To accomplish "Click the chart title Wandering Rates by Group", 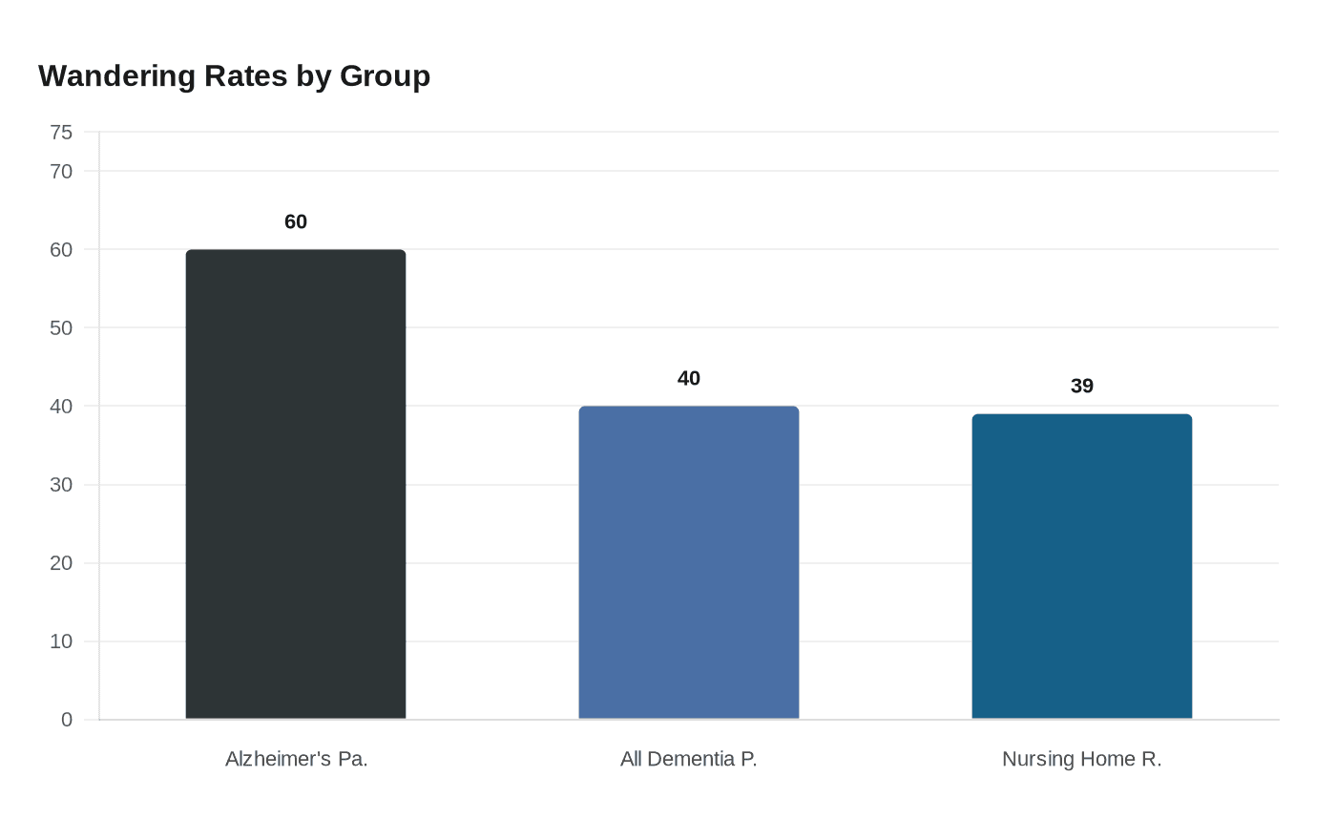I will [x=234, y=75].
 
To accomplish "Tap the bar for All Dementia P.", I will [x=689, y=562].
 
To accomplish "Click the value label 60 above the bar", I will [x=296, y=221].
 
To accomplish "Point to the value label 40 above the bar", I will [x=689, y=379].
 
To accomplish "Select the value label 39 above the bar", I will [x=1081, y=387].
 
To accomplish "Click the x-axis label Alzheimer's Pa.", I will [x=296, y=759].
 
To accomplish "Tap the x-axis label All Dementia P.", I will [x=689, y=759].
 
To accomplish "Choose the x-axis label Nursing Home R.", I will [x=1081, y=759].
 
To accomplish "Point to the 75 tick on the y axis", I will [x=61, y=133].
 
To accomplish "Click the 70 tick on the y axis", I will [x=61, y=172].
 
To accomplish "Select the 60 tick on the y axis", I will [x=61, y=250].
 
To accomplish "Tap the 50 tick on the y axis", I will [x=61, y=328].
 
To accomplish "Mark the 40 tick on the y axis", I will [x=61, y=407].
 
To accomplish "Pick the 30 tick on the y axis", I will [x=61, y=485].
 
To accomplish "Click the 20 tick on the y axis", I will [x=61, y=563].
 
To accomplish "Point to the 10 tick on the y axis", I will [x=61, y=641].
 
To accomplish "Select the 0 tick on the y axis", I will [x=67, y=720].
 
